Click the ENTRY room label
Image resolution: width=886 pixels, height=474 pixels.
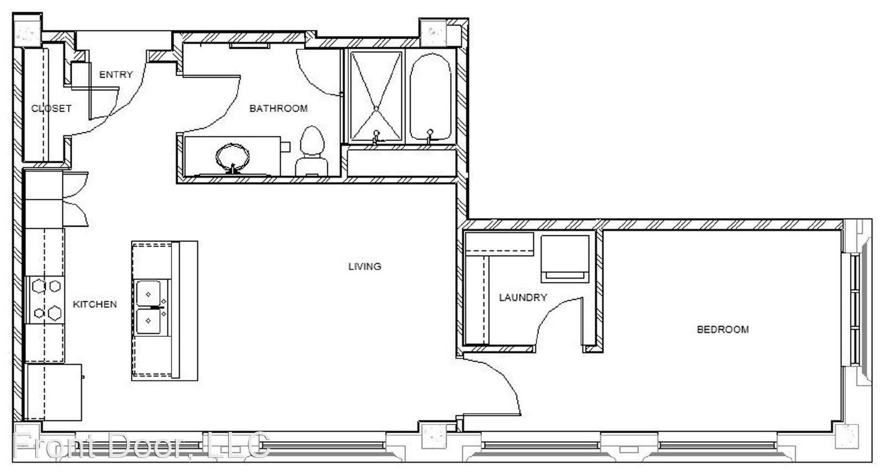coord(116,74)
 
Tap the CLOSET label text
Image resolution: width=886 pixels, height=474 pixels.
coord(51,109)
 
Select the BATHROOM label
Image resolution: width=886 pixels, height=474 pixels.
coord(279,109)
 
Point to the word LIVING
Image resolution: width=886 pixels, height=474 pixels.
coord(365,266)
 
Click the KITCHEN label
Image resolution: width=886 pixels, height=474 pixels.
coord(95,304)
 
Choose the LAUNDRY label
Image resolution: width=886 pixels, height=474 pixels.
coord(523,297)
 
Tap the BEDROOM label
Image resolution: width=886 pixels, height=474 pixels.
coord(723,329)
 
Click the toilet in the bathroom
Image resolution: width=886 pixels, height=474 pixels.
coord(312,152)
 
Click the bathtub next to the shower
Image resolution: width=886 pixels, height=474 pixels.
coord(430,97)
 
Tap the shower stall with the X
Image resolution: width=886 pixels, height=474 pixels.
coord(376,96)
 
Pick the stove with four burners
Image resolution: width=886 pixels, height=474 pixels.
coord(45,300)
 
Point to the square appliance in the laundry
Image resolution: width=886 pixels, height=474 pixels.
coord(565,259)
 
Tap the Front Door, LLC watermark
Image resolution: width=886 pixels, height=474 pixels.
coord(142,446)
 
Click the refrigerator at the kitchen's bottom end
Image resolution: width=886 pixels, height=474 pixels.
coord(54,392)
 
